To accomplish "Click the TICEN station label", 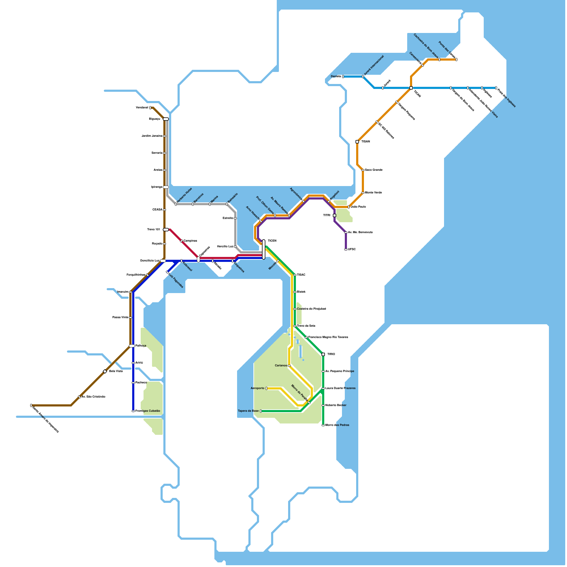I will [x=272, y=241].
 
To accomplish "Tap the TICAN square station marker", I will [x=411, y=88].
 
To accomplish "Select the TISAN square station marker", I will [x=357, y=142].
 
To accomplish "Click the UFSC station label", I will [x=352, y=249].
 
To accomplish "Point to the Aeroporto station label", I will [x=257, y=388].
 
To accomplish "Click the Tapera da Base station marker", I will [x=261, y=411].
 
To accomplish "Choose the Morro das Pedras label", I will [x=337, y=425].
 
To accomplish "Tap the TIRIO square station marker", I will [x=323, y=354].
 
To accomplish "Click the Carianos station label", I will [x=281, y=366].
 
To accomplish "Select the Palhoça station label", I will [x=141, y=346].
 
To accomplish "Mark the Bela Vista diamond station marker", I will [x=105, y=371].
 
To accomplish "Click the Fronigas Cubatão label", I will [x=148, y=411].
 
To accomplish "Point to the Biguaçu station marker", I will [x=166, y=119].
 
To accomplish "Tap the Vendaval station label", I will [x=142, y=108].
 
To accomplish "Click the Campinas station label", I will [x=190, y=241].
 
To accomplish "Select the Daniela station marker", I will [x=343, y=77].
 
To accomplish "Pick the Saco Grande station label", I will [x=374, y=170].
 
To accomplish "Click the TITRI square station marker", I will [x=335, y=215].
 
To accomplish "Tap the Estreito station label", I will [x=228, y=218].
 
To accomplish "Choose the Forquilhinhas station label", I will [x=136, y=275].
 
